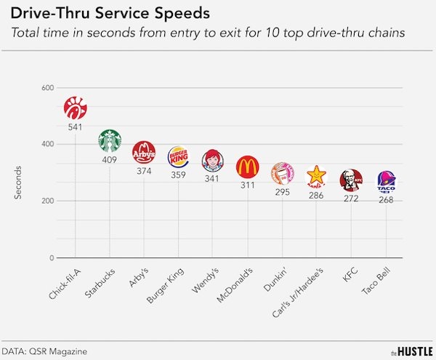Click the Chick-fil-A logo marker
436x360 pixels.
[x=76, y=108]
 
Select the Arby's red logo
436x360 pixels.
[x=144, y=153]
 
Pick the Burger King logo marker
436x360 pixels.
[x=178, y=157]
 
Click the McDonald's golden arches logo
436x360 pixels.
[x=248, y=167]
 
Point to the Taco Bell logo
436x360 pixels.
[x=386, y=181]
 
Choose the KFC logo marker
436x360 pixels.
[x=351, y=180]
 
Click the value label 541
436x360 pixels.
[x=76, y=127]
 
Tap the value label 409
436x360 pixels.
[x=110, y=160]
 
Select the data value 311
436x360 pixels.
[x=248, y=185]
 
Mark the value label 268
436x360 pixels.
[x=386, y=199]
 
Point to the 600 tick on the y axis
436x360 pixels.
[x=48, y=88]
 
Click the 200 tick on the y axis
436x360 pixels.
[x=48, y=201]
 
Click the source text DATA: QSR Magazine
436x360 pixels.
[x=44, y=351]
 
